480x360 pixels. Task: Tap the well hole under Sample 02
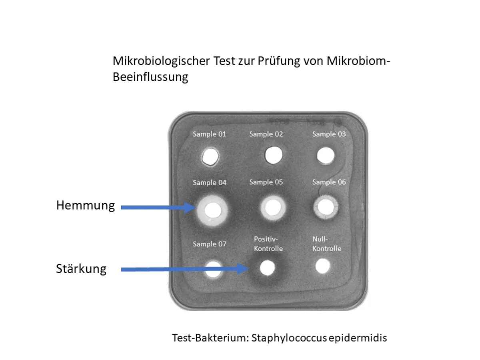(274, 154)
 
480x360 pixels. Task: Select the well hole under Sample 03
(326, 156)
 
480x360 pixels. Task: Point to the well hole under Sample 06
(326, 207)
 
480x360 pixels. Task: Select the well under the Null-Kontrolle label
(322, 266)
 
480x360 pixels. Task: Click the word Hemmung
(85, 206)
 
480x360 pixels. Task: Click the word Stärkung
(81, 269)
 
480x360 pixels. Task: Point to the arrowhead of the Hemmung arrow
(190, 207)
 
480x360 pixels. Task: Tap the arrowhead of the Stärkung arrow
(242, 269)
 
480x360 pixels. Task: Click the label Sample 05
(266, 182)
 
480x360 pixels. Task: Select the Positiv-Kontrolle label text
(268, 244)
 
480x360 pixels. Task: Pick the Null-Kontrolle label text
(327, 244)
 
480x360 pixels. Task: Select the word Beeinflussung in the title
(150, 77)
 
